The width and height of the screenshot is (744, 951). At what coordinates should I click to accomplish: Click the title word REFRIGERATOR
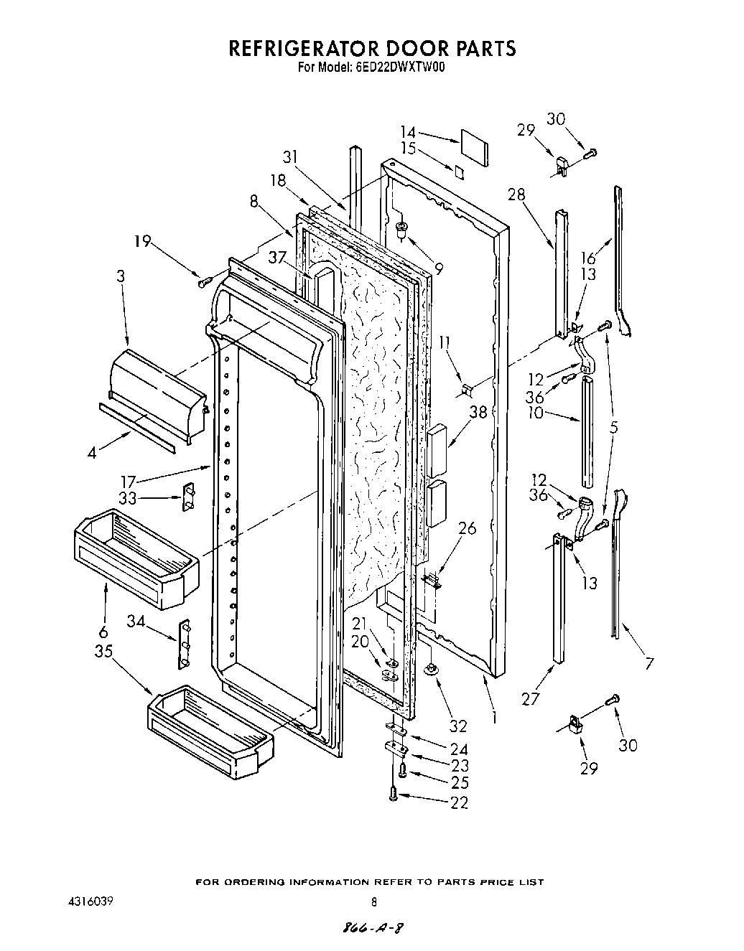pyautogui.click(x=303, y=49)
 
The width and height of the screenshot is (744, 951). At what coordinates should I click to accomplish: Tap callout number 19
pyautogui.click(x=142, y=241)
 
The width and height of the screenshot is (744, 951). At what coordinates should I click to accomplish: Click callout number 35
pyautogui.click(x=105, y=651)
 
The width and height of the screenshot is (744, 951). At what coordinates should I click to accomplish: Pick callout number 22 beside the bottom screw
pyautogui.click(x=459, y=802)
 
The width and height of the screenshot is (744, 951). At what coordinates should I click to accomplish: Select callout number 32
pyautogui.click(x=458, y=725)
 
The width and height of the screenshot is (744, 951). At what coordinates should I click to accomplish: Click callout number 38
pyautogui.click(x=478, y=412)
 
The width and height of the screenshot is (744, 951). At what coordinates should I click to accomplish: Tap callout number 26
pyautogui.click(x=467, y=529)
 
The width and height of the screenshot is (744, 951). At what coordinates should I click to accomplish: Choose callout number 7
pyautogui.click(x=648, y=664)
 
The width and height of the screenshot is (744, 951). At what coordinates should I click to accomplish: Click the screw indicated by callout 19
pyautogui.click(x=203, y=281)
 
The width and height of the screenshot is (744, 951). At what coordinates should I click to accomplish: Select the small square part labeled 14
pyautogui.click(x=473, y=144)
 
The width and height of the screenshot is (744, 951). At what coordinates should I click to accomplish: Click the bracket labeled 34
pyautogui.click(x=185, y=643)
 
